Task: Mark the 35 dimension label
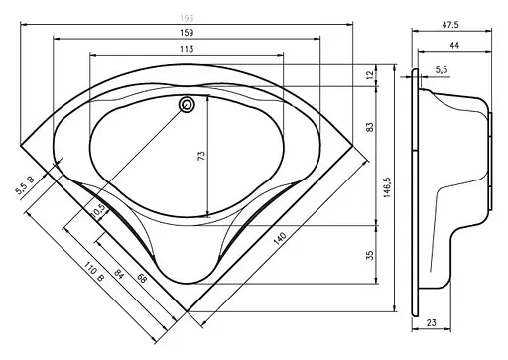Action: (x=369, y=255)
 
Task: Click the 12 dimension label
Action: (x=369, y=77)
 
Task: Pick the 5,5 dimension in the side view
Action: (x=442, y=68)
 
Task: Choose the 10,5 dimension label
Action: (x=98, y=211)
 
